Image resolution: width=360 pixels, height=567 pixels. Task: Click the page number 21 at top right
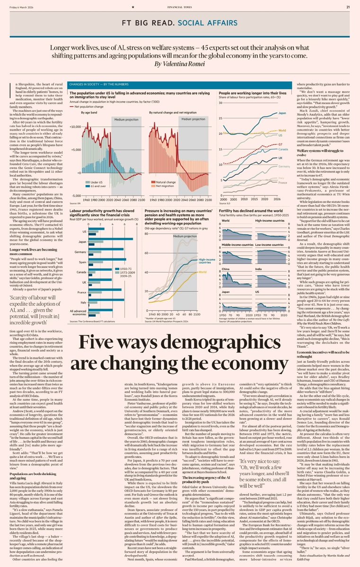(348, 7)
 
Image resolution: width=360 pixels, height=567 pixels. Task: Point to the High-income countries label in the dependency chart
(206, 261)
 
